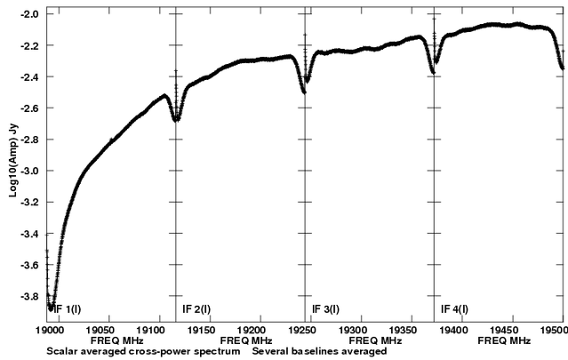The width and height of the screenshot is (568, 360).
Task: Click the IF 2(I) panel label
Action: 196,309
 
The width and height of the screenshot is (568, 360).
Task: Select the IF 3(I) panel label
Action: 325,309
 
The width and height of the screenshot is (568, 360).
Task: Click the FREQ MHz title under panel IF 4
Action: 499,340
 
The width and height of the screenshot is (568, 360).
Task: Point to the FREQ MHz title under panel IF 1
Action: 110,340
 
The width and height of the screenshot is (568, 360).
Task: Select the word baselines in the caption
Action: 331,351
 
